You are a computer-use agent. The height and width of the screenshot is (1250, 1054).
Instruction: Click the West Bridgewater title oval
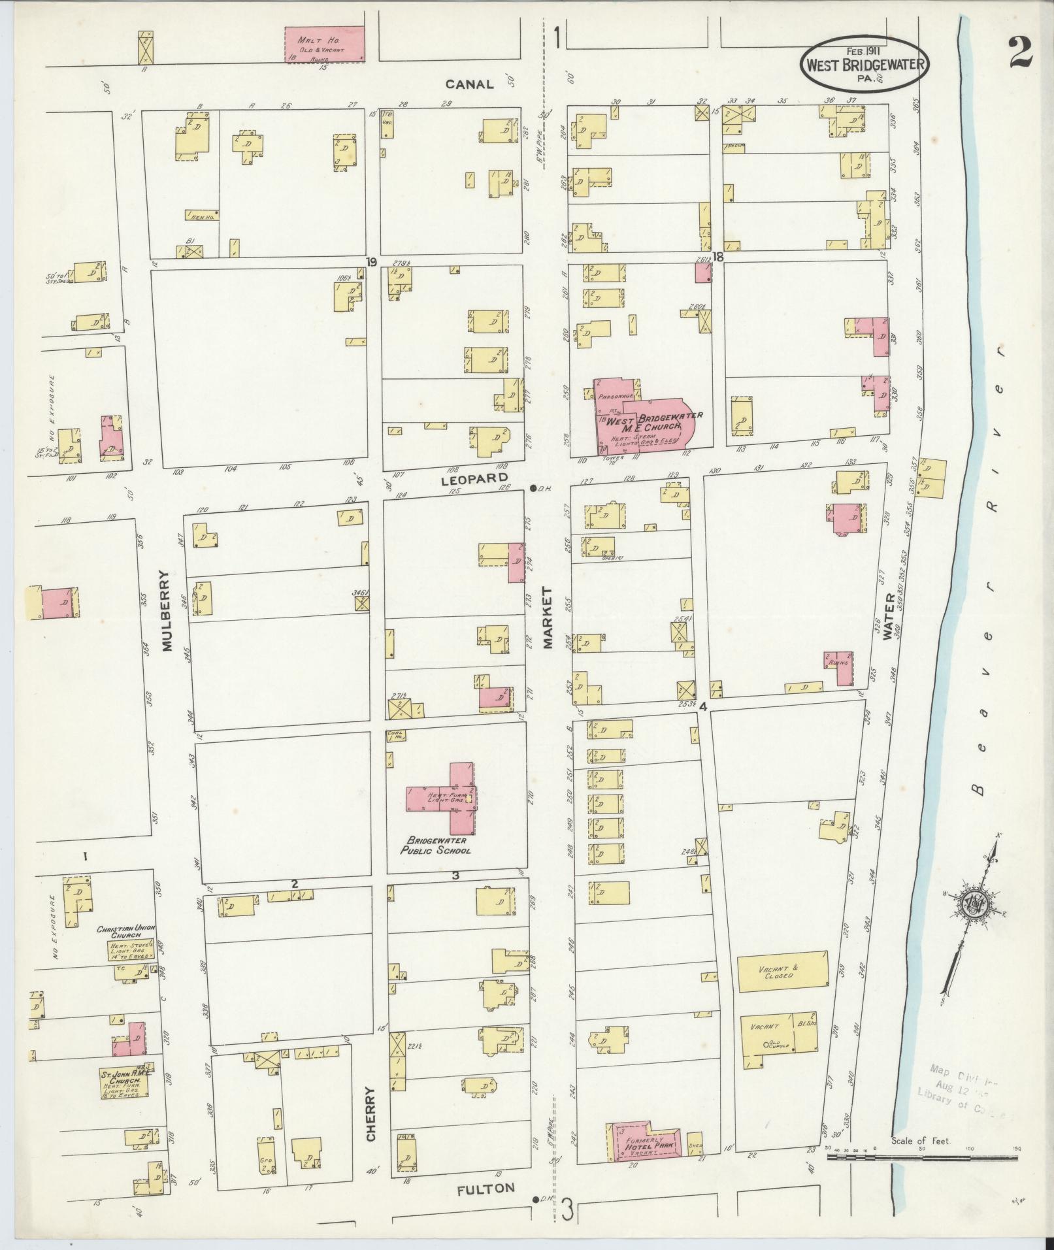[863, 63]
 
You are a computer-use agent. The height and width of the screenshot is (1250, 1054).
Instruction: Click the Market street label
[547, 617]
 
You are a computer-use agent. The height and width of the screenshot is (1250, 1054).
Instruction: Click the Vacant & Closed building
[782, 972]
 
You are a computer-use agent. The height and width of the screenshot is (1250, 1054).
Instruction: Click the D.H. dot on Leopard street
[534, 488]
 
